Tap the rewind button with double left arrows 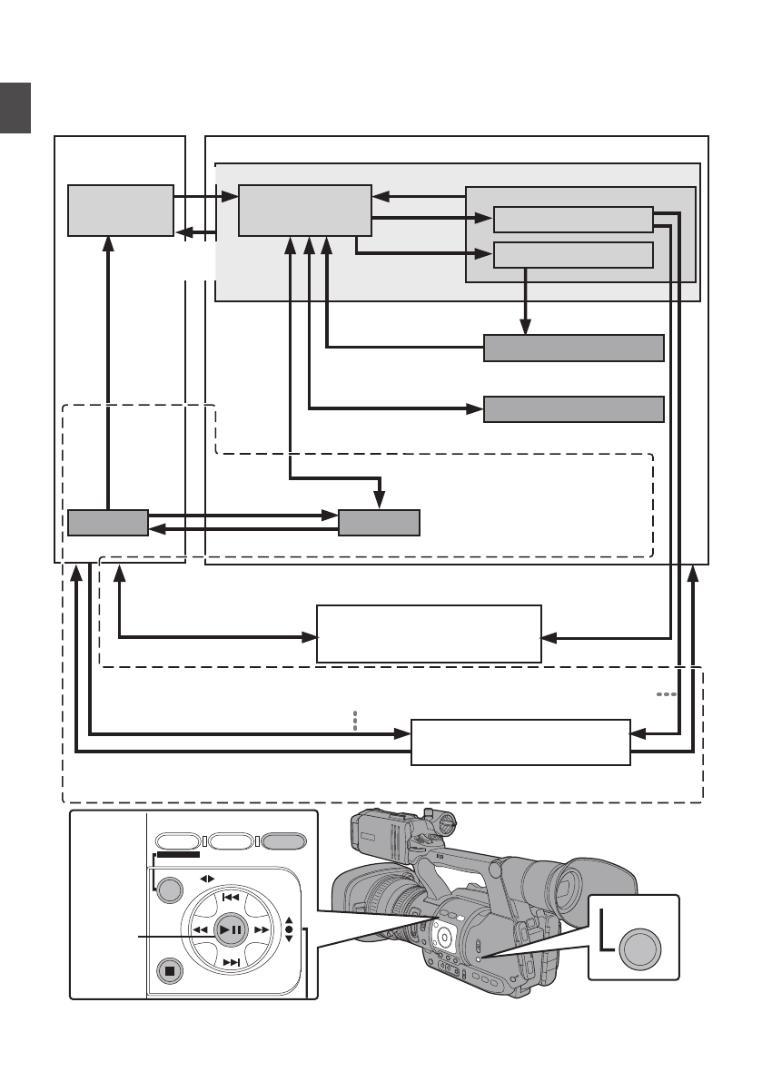(201, 929)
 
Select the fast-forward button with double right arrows (262, 929)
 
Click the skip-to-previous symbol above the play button (231, 897)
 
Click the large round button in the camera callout (640, 950)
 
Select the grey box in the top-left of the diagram (121, 211)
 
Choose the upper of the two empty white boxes (429, 634)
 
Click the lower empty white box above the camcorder (520, 742)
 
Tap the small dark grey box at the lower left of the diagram (107, 524)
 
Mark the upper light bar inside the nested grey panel (573, 221)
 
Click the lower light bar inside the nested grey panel (573, 255)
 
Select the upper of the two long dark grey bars (573, 348)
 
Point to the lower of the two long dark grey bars (573, 409)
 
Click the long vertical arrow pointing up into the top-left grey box (108, 372)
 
